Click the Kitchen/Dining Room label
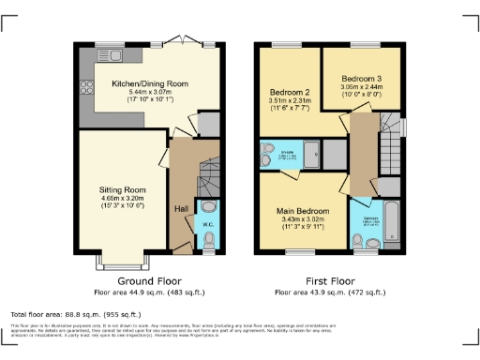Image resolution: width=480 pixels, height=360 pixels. [x=150, y=83]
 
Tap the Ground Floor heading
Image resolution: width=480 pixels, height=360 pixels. [x=149, y=280]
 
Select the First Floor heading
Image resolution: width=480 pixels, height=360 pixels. [x=333, y=280]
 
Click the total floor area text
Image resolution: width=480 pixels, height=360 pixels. [x=75, y=313]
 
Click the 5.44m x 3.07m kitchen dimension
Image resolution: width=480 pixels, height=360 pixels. [x=150, y=93]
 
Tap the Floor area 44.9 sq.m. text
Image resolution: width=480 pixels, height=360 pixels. [x=149, y=292]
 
